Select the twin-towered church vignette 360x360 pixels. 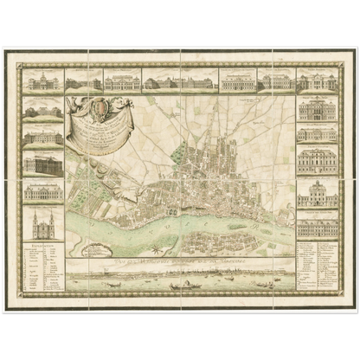pos(42,226)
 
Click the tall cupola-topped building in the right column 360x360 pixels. pos(318,192)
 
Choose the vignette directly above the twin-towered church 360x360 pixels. pos(42,190)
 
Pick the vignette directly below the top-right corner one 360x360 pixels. pos(318,110)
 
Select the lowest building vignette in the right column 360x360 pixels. pos(318,226)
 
